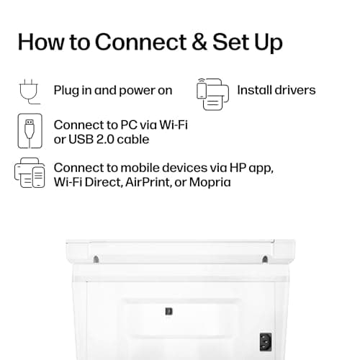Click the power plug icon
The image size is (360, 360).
point(27,91)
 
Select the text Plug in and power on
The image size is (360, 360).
point(113,91)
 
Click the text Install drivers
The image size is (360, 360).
point(276,91)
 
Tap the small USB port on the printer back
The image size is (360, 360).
point(168,311)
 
